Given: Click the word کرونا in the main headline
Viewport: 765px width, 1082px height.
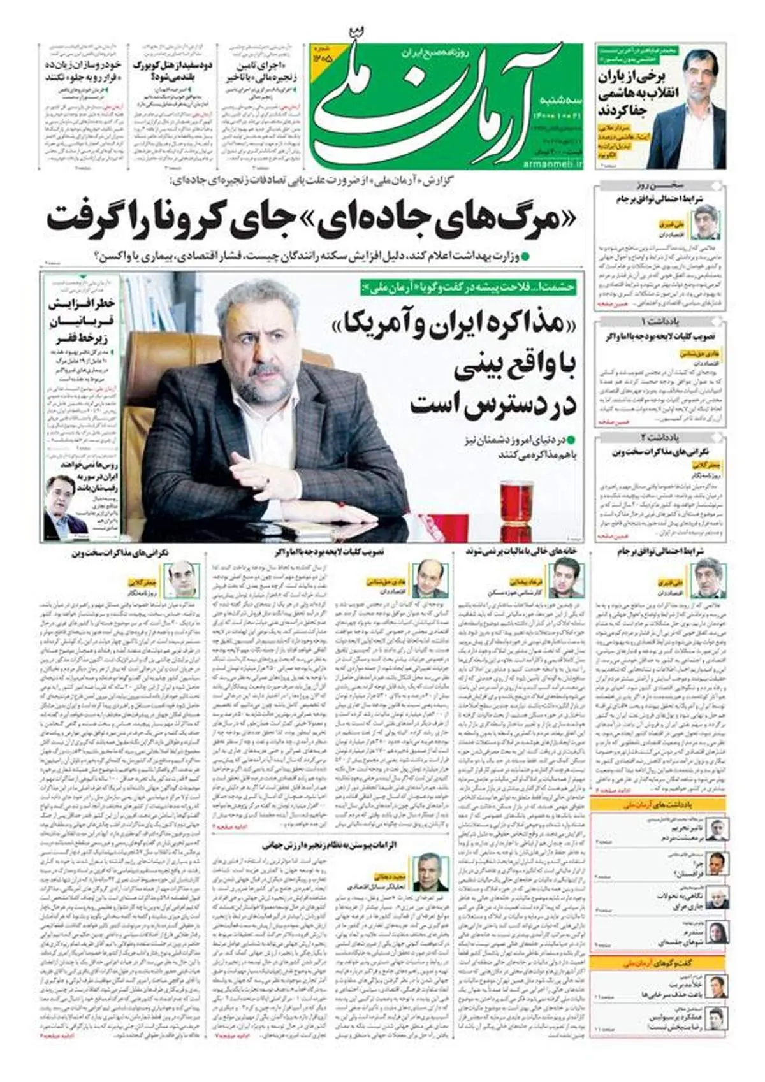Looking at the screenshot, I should pyautogui.click(x=194, y=219).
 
